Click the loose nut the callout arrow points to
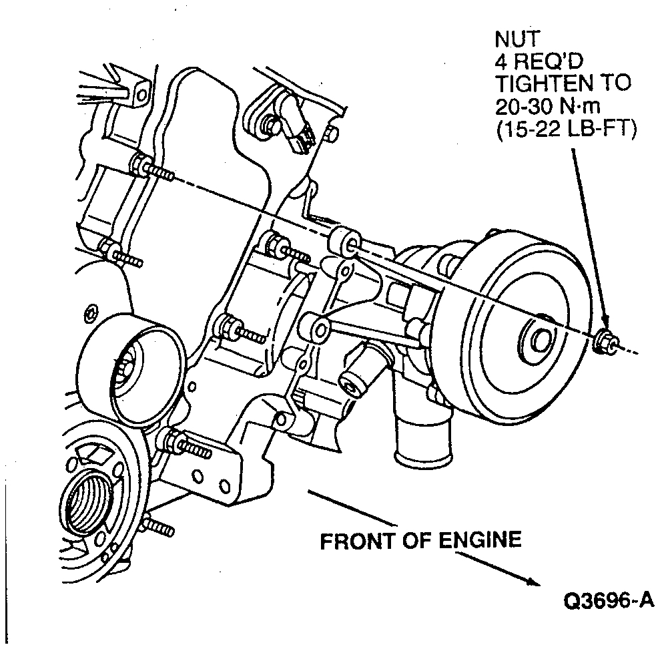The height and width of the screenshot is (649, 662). tap(602, 340)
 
